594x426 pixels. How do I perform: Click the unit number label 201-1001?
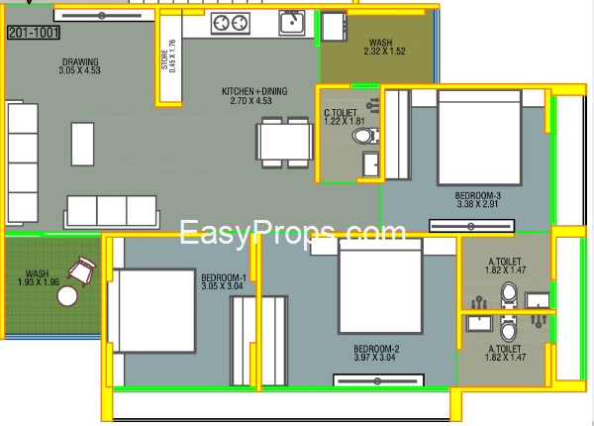(x=34, y=33)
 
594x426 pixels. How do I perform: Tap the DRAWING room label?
(x=80, y=61)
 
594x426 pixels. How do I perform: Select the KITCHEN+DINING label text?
(x=254, y=91)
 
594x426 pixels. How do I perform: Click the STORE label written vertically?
(x=164, y=59)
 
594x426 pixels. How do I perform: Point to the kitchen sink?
(x=292, y=23)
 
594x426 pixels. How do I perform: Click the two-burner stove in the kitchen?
(x=231, y=23)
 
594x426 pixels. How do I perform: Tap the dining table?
(x=285, y=143)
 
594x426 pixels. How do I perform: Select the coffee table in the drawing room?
(x=82, y=144)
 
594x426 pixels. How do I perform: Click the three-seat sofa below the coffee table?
(x=111, y=211)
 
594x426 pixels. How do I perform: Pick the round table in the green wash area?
(x=67, y=296)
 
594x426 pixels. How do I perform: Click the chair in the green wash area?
(x=82, y=269)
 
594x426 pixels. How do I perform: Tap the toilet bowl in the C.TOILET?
(x=365, y=136)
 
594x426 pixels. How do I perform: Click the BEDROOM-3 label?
(x=478, y=195)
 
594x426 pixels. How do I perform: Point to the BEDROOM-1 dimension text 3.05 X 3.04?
(x=222, y=286)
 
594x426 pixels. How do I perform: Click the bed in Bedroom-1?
(x=151, y=311)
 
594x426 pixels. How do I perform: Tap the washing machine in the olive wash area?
(x=334, y=27)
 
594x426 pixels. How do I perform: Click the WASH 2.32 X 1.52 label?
(x=384, y=47)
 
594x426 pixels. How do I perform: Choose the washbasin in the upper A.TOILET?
(x=538, y=300)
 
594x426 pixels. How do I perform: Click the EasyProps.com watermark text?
(x=292, y=233)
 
